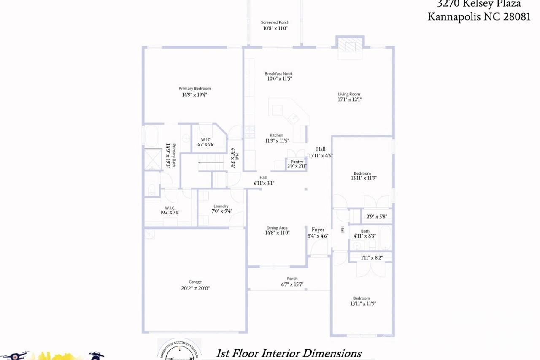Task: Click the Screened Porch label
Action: point(275,22)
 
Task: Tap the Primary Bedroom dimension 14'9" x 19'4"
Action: point(194,95)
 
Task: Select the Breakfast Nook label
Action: point(278,74)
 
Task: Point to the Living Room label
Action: point(349,94)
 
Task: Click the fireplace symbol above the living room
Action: point(350,44)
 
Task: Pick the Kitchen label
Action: point(276,135)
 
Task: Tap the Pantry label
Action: point(297,162)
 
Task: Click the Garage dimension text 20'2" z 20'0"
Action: point(195,288)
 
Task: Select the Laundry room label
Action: point(221,206)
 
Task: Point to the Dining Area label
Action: point(277,228)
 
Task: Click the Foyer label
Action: point(318,230)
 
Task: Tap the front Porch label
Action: point(292,279)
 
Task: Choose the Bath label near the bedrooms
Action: point(364,231)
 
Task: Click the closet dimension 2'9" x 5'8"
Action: point(376,217)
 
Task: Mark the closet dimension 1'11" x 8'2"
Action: point(371,257)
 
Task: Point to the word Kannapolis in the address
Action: point(454,16)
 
